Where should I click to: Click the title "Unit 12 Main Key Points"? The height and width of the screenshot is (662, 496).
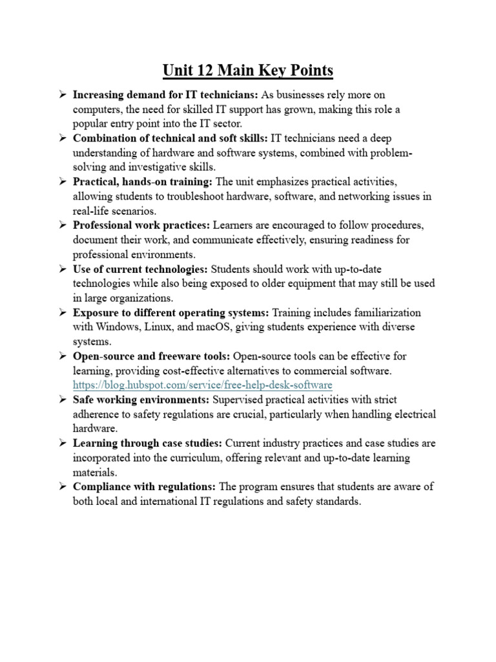(248, 70)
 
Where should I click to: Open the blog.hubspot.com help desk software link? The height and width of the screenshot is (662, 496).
(202, 385)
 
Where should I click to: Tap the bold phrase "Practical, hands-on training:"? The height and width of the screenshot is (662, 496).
(143, 182)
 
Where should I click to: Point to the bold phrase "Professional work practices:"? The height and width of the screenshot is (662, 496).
(141, 225)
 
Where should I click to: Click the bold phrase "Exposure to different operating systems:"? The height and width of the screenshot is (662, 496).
(170, 312)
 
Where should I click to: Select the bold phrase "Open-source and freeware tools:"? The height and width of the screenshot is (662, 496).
(152, 356)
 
